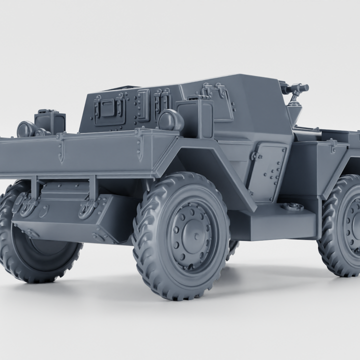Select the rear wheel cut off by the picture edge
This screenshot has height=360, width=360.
[345, 225]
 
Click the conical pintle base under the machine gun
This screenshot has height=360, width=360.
[295, 107]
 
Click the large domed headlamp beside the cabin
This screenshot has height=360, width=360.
[170, 120]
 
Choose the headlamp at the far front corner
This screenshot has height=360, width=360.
[25, 129]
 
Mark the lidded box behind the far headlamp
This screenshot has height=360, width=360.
[50, 121]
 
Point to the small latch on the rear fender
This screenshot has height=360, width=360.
[331, 146]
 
